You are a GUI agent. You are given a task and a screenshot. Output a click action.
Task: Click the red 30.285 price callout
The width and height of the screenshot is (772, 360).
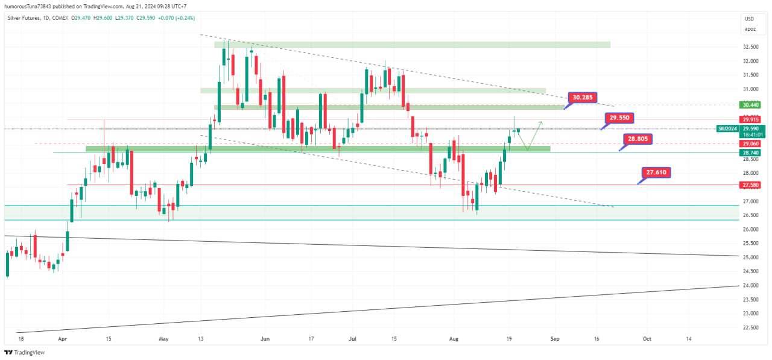click(583, 97)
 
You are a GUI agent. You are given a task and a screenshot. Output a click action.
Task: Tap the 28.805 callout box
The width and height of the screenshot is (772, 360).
click(639, 139)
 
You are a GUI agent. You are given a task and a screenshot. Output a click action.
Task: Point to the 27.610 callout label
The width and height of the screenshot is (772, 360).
click(656, 172)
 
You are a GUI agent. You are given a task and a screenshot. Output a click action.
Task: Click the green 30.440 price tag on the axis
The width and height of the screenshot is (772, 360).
click(750, 104)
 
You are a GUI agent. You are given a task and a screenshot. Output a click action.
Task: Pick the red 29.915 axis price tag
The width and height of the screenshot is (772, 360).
click(750, 119)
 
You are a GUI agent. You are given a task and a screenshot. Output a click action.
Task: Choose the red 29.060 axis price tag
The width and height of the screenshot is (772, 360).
click(750, 144)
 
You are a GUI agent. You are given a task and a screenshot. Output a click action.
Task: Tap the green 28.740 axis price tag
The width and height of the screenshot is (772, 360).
click(750, 153)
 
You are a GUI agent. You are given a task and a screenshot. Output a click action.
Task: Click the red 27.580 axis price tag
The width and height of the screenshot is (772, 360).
click(750, 185)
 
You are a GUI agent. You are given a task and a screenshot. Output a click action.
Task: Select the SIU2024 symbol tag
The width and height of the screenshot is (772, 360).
click(726, 128)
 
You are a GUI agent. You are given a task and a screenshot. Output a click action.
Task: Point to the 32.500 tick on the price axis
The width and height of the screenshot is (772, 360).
click(750, 47)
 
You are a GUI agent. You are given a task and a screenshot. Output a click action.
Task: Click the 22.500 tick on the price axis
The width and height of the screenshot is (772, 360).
click(750, 328)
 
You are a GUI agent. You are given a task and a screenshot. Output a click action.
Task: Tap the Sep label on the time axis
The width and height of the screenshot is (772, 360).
click(555, 339)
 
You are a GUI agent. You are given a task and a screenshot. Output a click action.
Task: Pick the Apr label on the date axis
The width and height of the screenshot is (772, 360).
click(62, 339)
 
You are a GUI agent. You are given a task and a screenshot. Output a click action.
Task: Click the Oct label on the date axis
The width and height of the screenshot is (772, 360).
click(647, 339)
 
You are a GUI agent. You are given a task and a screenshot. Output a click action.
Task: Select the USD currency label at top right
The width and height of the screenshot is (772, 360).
click(750, 19)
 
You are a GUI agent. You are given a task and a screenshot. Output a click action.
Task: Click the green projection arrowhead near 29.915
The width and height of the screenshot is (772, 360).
click(541, 123)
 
